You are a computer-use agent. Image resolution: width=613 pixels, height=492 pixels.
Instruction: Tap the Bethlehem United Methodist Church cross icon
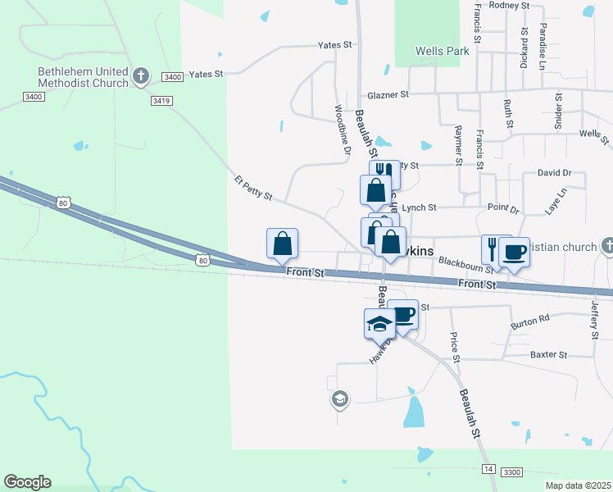point(141,77)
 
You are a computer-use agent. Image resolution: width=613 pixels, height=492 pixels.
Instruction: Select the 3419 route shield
point(161,101)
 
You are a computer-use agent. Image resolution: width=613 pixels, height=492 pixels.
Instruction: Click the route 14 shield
point(488,468)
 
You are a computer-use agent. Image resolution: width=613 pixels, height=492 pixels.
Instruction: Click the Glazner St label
point(388,95)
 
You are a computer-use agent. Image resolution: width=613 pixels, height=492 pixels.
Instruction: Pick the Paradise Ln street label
point(543,46)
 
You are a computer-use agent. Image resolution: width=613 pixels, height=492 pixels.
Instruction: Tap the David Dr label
point(554,173)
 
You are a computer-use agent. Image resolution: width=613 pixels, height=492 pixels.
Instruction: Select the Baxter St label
point(548,355)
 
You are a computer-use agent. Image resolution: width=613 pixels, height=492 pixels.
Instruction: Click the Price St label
point(454,347)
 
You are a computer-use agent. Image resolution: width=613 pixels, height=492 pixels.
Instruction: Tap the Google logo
point(27,482)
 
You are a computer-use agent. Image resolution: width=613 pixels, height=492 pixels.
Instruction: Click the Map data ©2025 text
point(578,485)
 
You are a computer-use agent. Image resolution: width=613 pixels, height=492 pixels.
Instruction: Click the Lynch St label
point(420,208)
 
